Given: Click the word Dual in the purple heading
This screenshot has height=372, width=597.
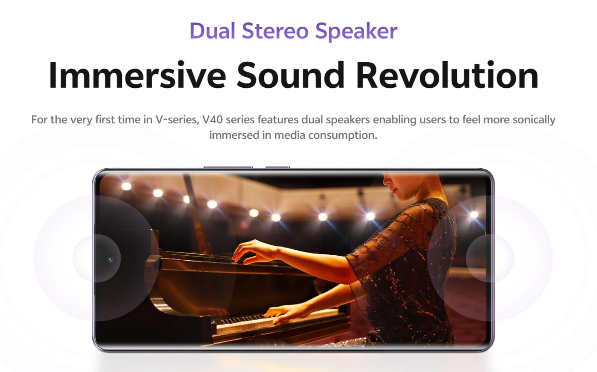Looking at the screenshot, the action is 212,31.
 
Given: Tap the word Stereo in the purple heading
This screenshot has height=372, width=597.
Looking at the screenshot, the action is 275,31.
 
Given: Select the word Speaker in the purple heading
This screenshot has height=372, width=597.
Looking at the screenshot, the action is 356,31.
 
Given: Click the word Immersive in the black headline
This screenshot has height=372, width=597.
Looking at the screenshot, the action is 137,75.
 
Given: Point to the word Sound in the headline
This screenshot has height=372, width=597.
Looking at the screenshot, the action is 290,75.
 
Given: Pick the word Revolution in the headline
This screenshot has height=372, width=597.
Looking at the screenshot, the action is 447,75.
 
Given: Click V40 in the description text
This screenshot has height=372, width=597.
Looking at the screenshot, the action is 212,120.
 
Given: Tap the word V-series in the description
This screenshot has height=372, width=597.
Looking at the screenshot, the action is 177,120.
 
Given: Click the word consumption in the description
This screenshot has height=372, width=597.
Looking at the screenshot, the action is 343,136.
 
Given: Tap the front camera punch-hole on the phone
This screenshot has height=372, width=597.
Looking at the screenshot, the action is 110,260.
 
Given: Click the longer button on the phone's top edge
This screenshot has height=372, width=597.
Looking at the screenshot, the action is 228,167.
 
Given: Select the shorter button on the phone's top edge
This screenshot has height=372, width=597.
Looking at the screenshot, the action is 278,167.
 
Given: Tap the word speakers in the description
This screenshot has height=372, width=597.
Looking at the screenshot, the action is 348,120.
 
